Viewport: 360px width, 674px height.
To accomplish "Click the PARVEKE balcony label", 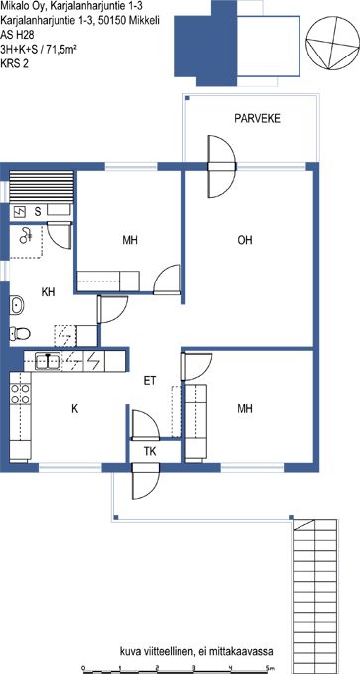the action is pyautogui.click(x=257, y=119).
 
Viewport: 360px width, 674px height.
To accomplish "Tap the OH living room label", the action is pyautogui.click(x=245, y=240).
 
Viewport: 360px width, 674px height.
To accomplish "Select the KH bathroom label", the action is pyautogui.click(x=49, y=292).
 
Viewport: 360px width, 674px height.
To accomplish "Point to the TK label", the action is pyautogui.click(x=150, y=452).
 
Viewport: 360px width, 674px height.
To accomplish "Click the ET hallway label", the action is pyautogui.click(x=150, y=381).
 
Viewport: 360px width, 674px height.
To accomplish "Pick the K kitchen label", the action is pyautogui.click(x=74, y=408).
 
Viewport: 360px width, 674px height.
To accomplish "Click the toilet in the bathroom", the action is pyautogui.click(x=20, y=333).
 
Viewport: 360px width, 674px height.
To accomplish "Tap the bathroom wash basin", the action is pyautogui.click(x=17, y=305).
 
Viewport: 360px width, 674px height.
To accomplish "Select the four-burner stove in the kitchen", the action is pyautogui.click(x=20, y=394).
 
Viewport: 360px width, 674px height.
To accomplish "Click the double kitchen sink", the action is pyautogui.click(x=48, y=361).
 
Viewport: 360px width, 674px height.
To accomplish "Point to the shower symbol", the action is pyautogui.click(x=27, y=234).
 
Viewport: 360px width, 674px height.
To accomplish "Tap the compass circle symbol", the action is pyautogui.click(x=332, y=43).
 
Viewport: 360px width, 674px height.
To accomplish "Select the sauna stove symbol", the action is pyautogui.click(x=20, y=211).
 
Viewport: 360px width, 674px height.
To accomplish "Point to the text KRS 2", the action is pyautogui.click(x=15, y=64).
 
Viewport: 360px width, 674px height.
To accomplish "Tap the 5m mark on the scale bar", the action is pyautogui.click(x=270, y=667).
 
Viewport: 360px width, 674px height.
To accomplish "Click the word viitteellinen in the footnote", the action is pyautogui.click(x=169, y=652).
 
